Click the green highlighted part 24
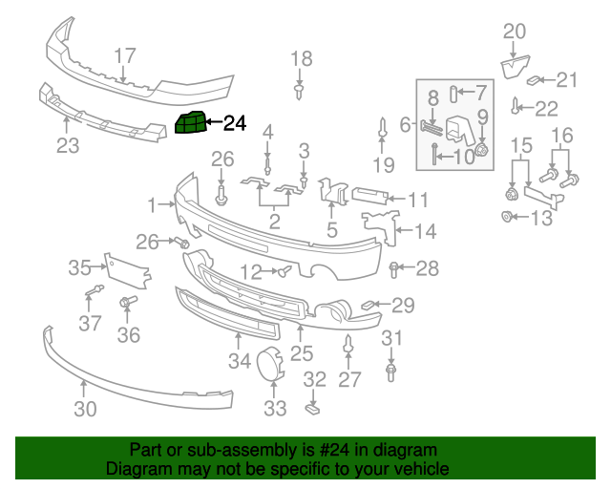(190, 123)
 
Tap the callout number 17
(125, 55)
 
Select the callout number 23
(68, 145)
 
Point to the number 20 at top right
(514, 31)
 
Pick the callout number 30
(85, 410)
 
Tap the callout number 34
(239, 360)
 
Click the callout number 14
(426, 230)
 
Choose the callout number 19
(382, 165)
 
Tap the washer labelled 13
(507, 218)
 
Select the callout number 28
(427, 268)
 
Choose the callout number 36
(128, 334)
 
